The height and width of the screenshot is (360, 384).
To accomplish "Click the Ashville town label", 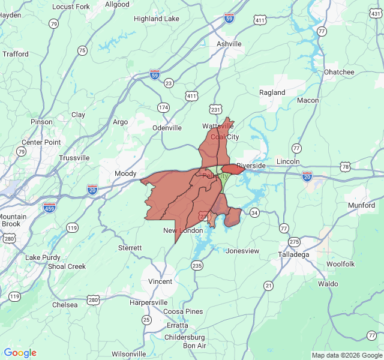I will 229,44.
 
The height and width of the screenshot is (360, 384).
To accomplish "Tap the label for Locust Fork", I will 71,7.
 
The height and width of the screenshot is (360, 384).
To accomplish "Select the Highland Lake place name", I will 157,19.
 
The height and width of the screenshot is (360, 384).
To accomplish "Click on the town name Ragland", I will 272,92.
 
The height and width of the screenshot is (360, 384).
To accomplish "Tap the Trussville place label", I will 74,158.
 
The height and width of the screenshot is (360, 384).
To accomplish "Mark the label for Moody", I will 125,174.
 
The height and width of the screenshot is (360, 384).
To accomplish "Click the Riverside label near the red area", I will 251,166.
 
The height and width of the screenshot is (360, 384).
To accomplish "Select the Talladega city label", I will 294,254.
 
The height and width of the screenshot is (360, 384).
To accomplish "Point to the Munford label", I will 362,205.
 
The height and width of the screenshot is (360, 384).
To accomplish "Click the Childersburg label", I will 185,337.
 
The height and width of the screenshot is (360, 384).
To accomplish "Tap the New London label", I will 183,231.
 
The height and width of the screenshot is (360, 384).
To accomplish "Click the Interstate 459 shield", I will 50,208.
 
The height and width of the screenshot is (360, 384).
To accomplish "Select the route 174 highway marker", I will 163,107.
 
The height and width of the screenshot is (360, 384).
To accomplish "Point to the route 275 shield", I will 294,242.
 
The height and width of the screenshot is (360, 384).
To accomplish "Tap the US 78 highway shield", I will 344,166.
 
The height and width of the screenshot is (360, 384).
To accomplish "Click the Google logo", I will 20,353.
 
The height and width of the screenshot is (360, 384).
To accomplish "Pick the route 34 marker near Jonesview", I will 254,212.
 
